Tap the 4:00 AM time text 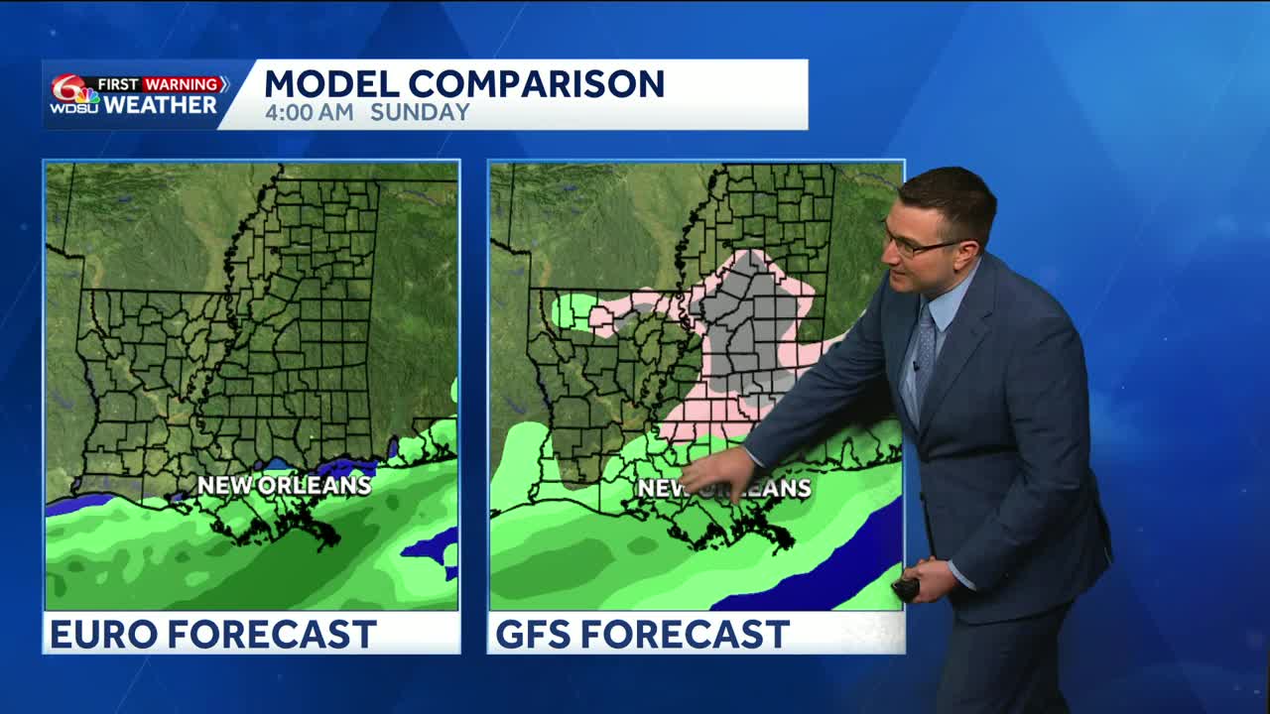[309, 113]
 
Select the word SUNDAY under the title [420, 113]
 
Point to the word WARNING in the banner [184, 84]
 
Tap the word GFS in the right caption [533, 634]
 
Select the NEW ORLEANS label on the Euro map [284, 485]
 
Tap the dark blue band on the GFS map [814, 575]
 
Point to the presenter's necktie [925, 352]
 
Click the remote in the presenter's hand [905, 589]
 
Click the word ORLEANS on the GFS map [769, 488]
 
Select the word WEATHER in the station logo [160, 105]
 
